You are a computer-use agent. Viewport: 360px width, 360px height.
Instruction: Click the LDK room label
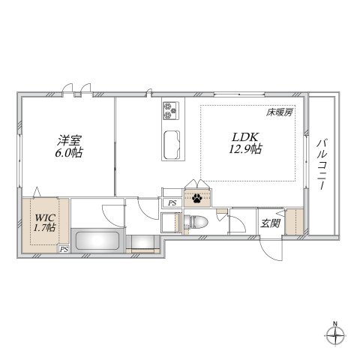[x=244, y=136]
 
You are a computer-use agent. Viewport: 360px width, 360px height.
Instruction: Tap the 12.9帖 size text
[x=245, y=149]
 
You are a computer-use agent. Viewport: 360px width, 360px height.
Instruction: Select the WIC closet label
[x=41, y=218]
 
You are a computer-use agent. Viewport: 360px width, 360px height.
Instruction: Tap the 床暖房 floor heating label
[x=277, y=112]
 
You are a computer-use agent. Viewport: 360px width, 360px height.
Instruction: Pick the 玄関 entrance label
[x=269, y=223]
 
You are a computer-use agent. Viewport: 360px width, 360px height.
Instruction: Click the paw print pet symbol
[x=196, y=199]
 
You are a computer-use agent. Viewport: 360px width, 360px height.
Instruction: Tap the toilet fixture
[x=196, y=222]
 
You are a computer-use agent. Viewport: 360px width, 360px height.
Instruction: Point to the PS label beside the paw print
[x=172, y=202]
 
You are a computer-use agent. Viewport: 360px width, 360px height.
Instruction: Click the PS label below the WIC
[x=64, y=250]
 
